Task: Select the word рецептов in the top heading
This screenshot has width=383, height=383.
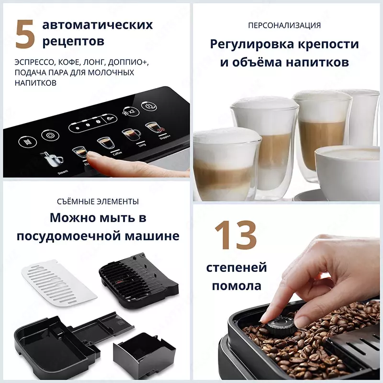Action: point(73,42)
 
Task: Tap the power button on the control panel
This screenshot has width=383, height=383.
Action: point(150,104)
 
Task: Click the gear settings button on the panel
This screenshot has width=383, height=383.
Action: point(48,135)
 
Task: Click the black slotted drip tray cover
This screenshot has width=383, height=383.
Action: point(138,280)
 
